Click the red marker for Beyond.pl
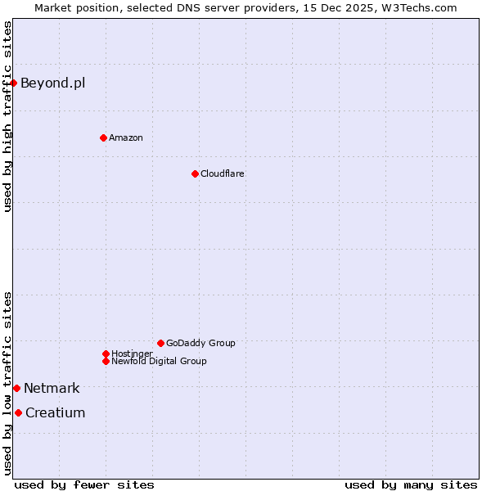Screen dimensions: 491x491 tap(14, 83)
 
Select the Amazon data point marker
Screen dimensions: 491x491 tap(103, 137)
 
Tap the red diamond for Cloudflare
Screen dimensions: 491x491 tap(195, 173)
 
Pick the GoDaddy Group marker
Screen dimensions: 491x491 tap(160, 343)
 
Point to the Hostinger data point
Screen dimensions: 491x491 tap(106, 354)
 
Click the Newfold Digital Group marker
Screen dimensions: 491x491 tap(106, 361)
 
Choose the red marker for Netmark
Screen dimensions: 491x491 tap(16, 388)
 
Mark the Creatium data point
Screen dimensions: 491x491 tap(18, 412)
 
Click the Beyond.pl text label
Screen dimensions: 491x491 tap(52, 83)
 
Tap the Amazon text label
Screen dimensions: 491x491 tap(125, 137)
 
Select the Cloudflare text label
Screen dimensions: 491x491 tap(222, 173)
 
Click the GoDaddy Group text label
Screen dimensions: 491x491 tap(200, 343)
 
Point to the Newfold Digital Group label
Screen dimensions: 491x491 tap(159, 361)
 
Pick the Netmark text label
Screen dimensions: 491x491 tap(52, 388)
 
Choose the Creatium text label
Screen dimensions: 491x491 tap(55, 412)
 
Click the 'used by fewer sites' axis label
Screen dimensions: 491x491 tap(84, 484)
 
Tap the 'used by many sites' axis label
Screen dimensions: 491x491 tap(411, 484)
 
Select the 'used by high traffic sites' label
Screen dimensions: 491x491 tap(7, 116)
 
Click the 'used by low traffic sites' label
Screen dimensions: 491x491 tap(7, 383)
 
